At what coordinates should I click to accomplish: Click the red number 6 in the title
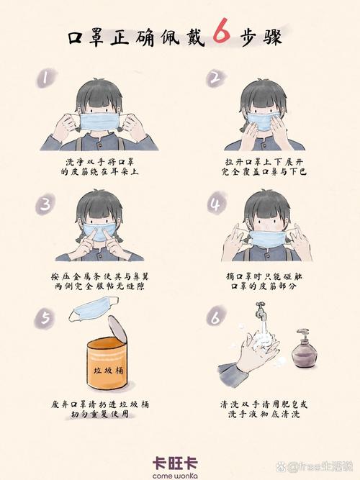pos(222,33)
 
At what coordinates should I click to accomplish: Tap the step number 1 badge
pos(45,78)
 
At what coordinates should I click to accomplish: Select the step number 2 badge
pos(216,78)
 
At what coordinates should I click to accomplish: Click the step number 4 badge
pos(217,203)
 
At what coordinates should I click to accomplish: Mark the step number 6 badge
pos(216,317)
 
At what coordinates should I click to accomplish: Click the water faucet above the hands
pos(260,310)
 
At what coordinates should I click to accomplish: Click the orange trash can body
pos(107,363)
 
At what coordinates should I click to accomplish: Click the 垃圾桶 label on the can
pos(108,371)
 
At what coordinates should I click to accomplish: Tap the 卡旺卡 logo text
pos(175,463)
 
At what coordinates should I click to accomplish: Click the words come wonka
pos(175,476)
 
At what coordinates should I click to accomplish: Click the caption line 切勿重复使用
pos(100,415)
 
